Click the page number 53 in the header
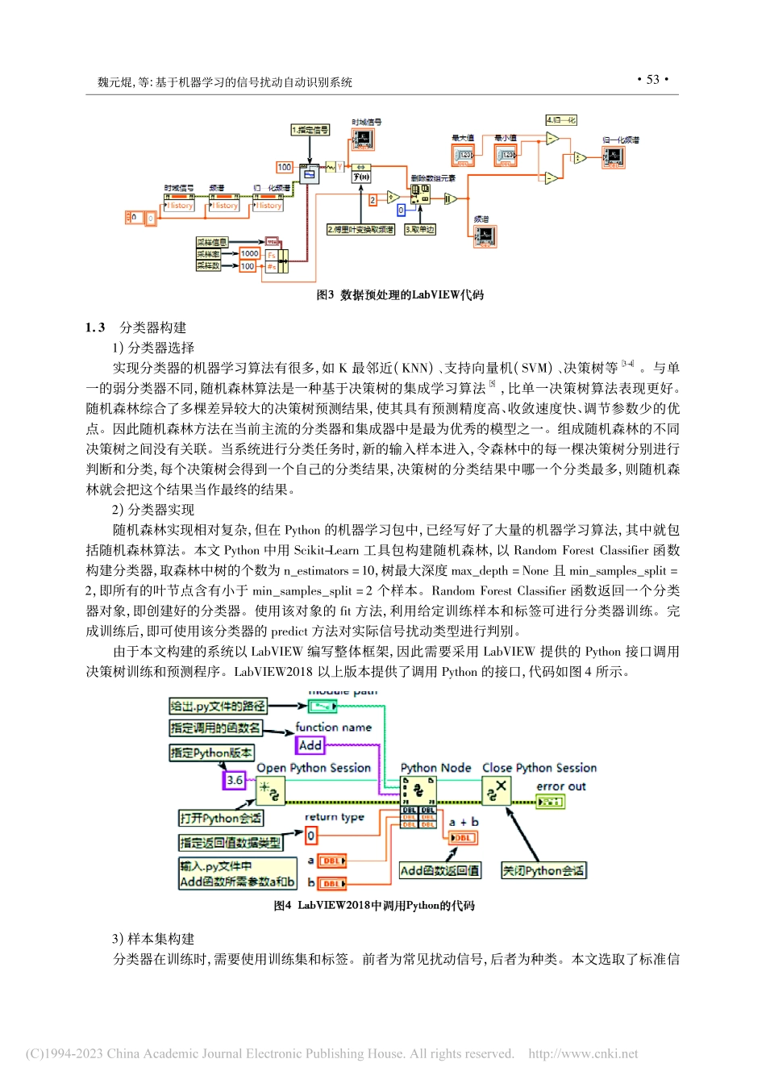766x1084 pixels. (653, 79)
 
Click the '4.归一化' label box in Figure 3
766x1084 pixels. (561, 120)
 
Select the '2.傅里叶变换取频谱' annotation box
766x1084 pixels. (360, 230)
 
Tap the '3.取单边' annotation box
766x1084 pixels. (419, 230)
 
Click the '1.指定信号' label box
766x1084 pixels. (310, 129)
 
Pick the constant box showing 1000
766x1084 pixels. (250, 253)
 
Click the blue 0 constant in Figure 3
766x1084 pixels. (401, 211)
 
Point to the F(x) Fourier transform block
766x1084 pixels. (361, 177)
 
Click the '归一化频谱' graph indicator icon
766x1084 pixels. (614, 156)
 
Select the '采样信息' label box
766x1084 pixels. (212, 242)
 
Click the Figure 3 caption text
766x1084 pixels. (400, 295)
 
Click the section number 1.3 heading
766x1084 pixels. (95, 327)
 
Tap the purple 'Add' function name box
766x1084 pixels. (310, 745)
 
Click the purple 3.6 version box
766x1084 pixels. (234, 780)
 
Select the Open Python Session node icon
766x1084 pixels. (271, 793)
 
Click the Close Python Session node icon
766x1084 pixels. (496, 791)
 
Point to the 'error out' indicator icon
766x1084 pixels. (550, 802)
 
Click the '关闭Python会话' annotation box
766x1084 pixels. (543, 870)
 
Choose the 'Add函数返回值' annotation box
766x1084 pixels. (439, 870)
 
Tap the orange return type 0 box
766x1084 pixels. (311, 836)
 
